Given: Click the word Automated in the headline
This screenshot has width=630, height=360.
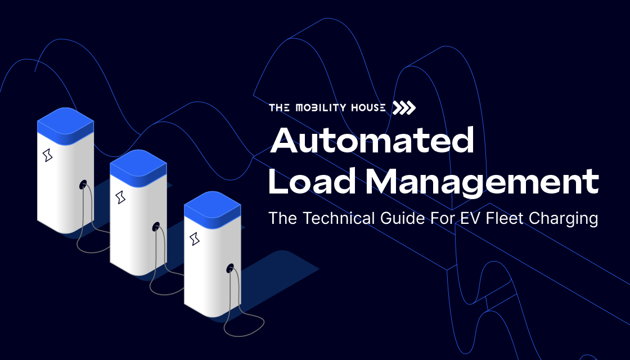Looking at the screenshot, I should pos(372,141).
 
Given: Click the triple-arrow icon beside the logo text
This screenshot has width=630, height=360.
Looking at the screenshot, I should pos(404,108).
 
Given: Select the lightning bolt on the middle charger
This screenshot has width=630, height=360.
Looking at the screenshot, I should pos(120,197).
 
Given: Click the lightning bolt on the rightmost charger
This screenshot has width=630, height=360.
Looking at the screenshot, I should pos(195,238).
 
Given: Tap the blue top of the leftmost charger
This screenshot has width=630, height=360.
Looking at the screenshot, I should pos(65,121).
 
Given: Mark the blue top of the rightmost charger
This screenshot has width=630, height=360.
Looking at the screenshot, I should pos(213,205).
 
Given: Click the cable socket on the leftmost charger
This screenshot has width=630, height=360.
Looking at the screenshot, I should pos(83,183).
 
